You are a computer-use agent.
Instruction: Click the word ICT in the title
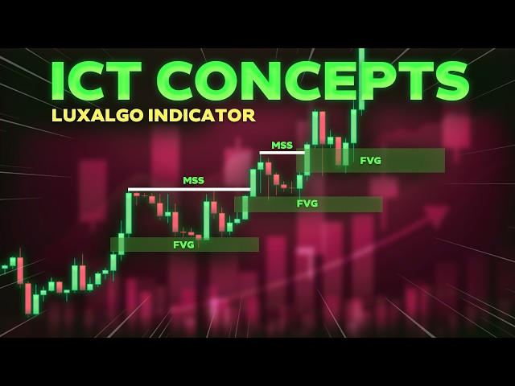tap(101, 81)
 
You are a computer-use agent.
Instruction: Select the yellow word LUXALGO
tap(89, 115)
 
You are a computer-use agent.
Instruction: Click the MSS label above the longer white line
tap(193, 180)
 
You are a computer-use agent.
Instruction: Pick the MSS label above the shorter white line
tap(282, 145)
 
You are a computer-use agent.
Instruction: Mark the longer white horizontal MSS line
tap(189, 190)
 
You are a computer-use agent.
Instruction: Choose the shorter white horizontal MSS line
tap(282, 152)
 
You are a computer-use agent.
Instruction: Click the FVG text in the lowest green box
tap(183, 244)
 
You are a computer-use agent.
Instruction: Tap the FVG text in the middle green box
tap(307, 203)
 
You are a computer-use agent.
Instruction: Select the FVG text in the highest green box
tap(371, 160)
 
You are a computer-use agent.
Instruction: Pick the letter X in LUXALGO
tap(79, 115)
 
